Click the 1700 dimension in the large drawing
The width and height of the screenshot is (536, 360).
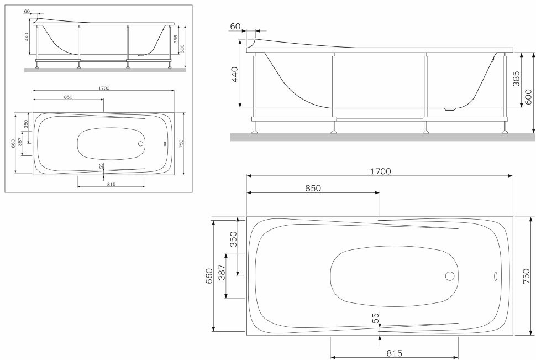tap(380, 171)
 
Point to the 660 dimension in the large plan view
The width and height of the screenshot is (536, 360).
tap(209, 275)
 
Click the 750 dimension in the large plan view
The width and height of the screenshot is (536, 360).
tap(526, 275)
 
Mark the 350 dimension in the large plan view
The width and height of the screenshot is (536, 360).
tap(233, 238)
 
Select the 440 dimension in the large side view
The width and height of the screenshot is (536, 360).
tap(234, 74)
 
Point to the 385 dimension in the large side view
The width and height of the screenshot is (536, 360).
tap(516, 80)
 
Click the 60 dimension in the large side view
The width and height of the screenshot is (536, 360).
tap(235, 27)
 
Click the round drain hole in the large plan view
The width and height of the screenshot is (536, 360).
tap(449, 276)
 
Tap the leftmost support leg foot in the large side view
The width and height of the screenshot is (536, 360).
tap(255, 132)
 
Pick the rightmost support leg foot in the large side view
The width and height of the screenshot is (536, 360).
tap(504, 132)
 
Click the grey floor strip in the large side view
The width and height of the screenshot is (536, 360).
tap(381, 137)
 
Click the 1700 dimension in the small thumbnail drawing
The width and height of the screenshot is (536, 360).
tap(103, 88)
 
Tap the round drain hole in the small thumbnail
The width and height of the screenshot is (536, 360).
tap(140, 144)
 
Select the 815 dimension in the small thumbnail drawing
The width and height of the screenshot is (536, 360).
tap(111, 184)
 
